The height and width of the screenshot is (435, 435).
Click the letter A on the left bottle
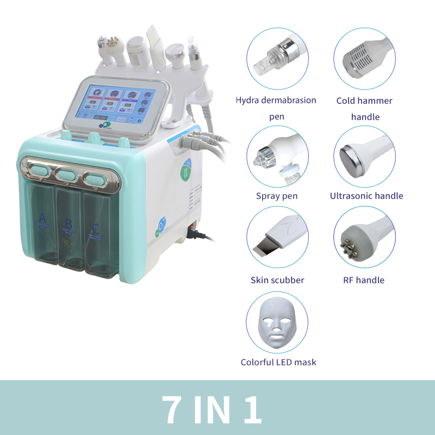pos(42,220)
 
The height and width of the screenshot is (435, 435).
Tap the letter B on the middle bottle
pos(68,223)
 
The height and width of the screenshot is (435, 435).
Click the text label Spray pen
pos(277,196)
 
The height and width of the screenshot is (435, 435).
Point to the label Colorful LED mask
pos(278,362)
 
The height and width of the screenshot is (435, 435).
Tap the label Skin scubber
pos(277,280)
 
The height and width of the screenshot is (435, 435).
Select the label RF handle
pos(364,280)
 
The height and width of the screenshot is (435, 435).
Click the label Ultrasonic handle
pos(366,196)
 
